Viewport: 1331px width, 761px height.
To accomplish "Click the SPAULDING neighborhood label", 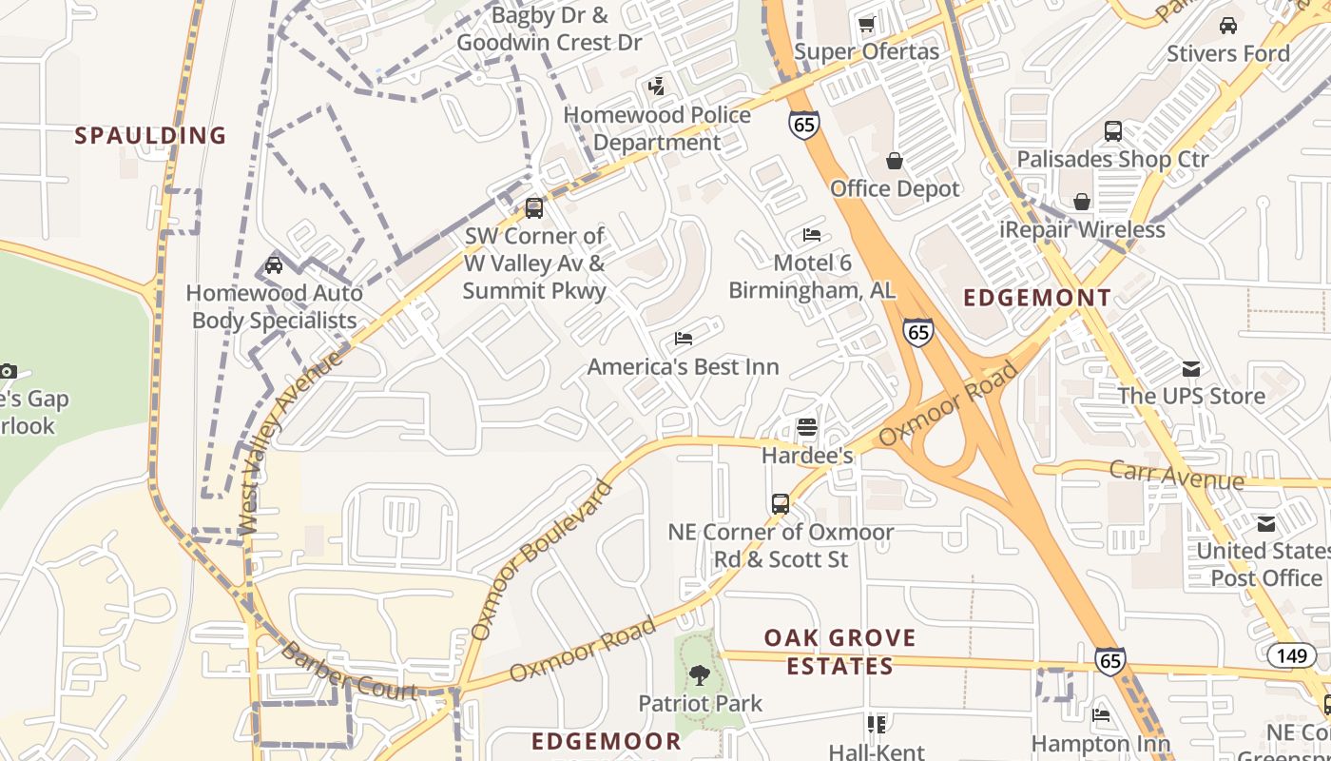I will pyautogui.click(x=150, y=135).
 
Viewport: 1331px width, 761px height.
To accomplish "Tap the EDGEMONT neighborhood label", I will pyautogui.click(x=1037, y=298).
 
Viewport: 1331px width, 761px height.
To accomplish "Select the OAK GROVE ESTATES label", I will pyautogui.click(x=840, y=652).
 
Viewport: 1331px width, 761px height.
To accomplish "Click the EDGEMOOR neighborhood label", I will pyautogui.click(x=607, y=741).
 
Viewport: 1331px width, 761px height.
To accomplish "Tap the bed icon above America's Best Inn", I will pyautogui.click(x=683, y=338).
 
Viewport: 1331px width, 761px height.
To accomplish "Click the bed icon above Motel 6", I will pyautogui.click(x=811, y=234).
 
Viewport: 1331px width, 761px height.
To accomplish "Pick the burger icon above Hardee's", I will pyautogui.click(x=806, y=427).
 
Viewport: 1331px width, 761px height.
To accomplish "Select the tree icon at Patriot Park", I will pyautogui.click(x=700, y=675).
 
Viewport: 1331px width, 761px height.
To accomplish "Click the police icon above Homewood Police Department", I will pyautogui.click(x=655, y=87).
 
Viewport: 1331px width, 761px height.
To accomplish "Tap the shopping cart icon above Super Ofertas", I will pyautogui.click(x=866, y=24).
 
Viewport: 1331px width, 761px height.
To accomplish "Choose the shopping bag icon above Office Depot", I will pyautogui.click(x=894, y=160).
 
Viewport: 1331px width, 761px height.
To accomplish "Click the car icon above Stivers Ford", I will pyautogui.click(x=1228, y=25).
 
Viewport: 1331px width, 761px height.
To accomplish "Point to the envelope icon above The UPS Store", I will pyautogui.click(x=1190, y=368).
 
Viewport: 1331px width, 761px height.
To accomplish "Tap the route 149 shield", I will pyautogui.click(x=1291, y=654).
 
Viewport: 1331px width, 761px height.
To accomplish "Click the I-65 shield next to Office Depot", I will pyautogui.click(x=803, y=125).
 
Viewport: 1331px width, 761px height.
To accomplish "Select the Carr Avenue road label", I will pyautogui.click(x=1176, y=474).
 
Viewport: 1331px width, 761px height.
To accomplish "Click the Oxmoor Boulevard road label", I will pyautogui.click(x=542, y=561).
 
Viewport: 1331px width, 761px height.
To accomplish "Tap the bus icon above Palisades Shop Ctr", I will pyautogui.click(x=1112, y=130).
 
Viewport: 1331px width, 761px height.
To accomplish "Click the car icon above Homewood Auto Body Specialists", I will pyautogui.click(x=274, y=264).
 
